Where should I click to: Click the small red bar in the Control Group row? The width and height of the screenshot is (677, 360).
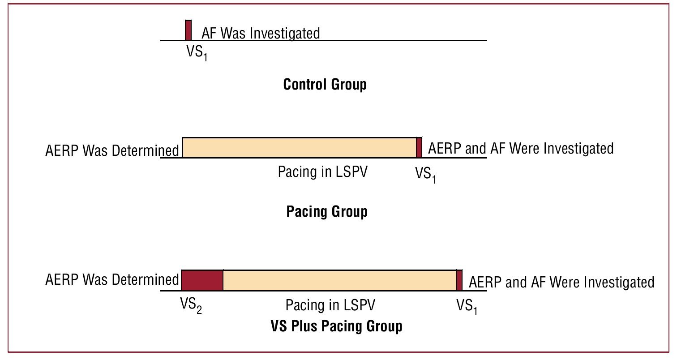189,30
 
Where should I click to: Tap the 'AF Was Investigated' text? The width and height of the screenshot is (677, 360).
261,33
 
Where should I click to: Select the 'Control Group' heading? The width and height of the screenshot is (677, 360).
325,84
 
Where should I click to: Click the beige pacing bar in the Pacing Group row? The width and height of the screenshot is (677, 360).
299,148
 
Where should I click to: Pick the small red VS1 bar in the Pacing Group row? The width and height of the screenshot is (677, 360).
419,148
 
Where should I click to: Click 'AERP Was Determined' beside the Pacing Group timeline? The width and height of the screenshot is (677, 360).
112,150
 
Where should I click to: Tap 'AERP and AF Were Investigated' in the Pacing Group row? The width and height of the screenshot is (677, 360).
521,148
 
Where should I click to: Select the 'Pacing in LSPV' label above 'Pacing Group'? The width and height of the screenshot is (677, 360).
322,172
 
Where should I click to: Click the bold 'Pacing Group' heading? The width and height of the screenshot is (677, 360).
327,211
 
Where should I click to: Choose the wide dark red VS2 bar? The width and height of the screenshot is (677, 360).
202,280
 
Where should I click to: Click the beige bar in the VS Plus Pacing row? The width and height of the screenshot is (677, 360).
339,280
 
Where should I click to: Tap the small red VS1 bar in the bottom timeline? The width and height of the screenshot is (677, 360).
459,280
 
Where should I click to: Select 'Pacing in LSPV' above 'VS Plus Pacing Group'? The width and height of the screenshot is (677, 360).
330,305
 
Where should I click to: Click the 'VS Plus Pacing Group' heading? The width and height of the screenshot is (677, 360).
336,326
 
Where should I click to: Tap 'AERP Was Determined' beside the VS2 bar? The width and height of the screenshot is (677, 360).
112,280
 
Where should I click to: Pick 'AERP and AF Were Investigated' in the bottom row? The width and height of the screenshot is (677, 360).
561,283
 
